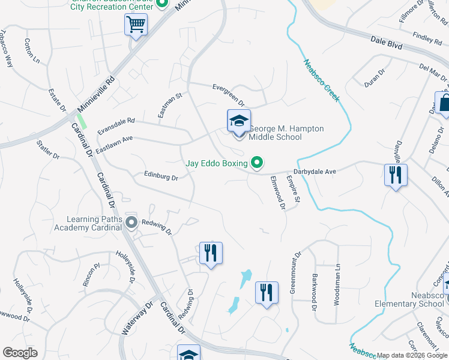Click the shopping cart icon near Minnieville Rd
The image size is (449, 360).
[x=136, y=25]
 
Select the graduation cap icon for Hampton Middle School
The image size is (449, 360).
[x=238, y=122]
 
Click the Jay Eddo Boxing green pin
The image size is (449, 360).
[x=258, y=163]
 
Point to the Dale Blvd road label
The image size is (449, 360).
[x=386, y=43]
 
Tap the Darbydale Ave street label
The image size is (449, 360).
[x=315, y=172]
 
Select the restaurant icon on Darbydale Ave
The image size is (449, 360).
[x=396, y=175]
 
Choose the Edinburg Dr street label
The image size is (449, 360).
[x=161, y=177]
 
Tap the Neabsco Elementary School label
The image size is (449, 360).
[x=418, y=299]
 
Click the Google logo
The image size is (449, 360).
[x=20, y=353]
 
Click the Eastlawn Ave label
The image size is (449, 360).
[x=114, y=145]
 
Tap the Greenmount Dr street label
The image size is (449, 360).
[x=294, y=271]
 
